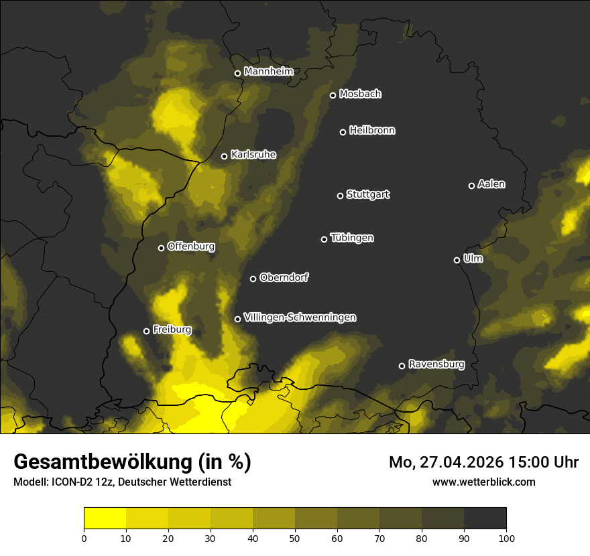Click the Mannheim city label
pos(268,72)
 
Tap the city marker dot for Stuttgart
pos(340,196)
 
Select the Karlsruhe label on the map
pos(253,155)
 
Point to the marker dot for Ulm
pos(457,260)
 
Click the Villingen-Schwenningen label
pos(300,318)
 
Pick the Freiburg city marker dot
pos(146,331)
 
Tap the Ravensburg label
pos(436,364)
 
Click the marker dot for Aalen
pos(471,186)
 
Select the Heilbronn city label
pos(372,131)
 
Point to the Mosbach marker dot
pos(333,95)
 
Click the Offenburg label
pos(191,247)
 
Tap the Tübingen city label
pos(352,238)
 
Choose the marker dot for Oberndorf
pos(253,279)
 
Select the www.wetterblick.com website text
pos(483,482)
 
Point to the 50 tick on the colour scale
pos(295,537)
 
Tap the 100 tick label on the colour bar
pos(506,537)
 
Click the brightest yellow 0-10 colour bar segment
pos(105,518)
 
